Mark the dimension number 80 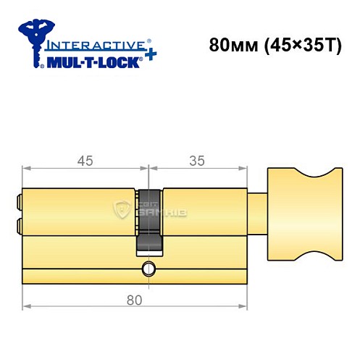click(132, 298)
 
